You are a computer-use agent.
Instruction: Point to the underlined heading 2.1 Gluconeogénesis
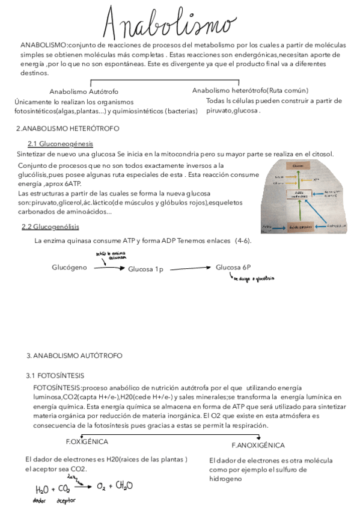pos(61,144)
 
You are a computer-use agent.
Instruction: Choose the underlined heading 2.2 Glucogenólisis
pos(50,227)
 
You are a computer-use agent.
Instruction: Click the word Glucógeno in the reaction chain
pos(70,267)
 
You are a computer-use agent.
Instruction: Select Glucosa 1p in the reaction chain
pos(145,269)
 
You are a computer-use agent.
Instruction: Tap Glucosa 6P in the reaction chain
pos(234,266)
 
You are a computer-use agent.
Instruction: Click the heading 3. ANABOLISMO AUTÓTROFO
pos(75,355)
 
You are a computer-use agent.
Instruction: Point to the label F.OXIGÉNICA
pos(87,441)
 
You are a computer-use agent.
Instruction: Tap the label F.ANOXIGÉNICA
pos(258,445)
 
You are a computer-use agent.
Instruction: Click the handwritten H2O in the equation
pos(43,488)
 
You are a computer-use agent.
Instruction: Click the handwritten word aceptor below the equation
pos(66,500)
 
